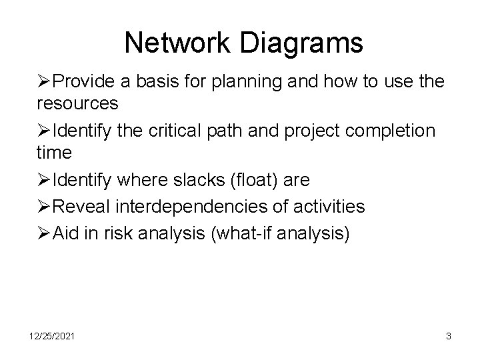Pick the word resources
tap(77, 103)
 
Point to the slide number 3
tap(448, 337)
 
